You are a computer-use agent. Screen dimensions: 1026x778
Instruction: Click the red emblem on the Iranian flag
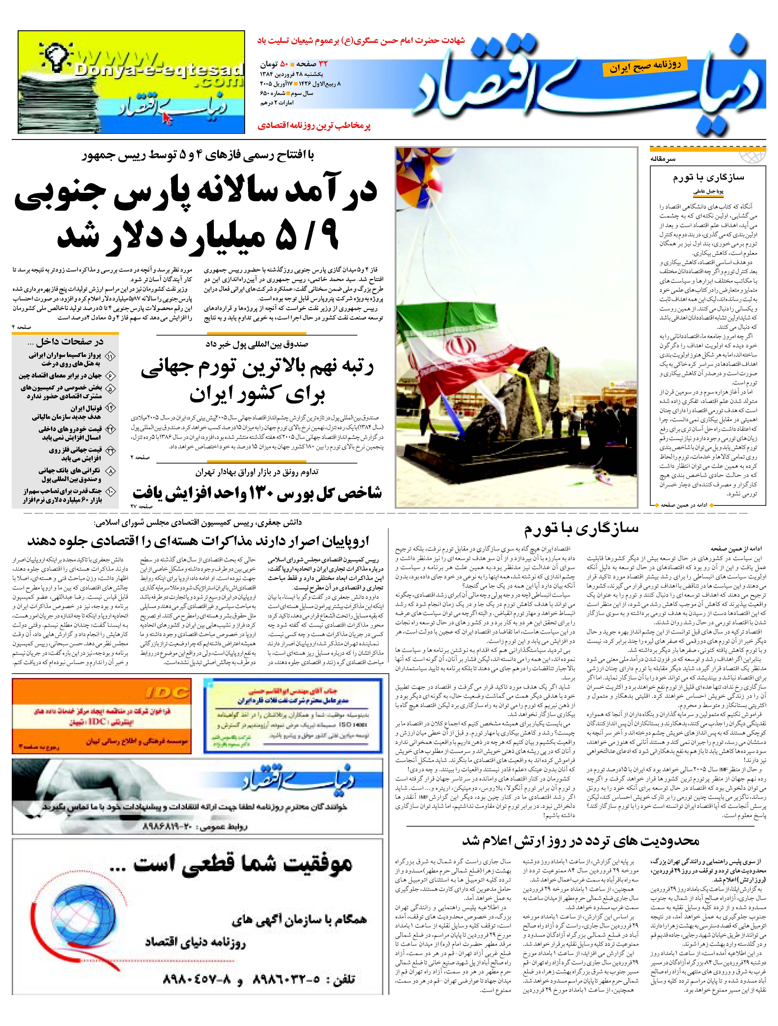(x=457, y=345)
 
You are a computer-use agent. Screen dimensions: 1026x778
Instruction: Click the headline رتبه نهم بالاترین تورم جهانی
(x=258, y=367)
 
